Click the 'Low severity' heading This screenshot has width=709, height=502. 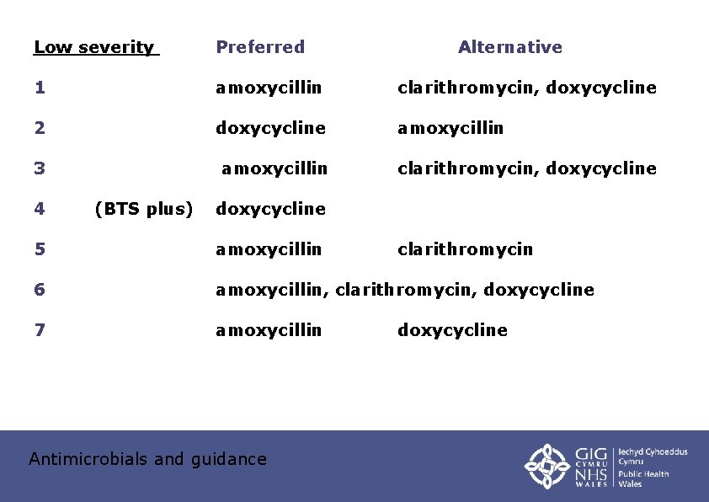tap(94, 47)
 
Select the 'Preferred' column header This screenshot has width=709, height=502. tap(260, 47)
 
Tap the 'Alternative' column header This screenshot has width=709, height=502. tap(509, 47)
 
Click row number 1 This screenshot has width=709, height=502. tap(39, 88)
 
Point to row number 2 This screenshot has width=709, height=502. tap(39, 128)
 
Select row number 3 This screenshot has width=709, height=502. tap(39, 168)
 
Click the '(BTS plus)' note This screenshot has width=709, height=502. tap(144, 209)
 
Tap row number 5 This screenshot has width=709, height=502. tap(39, 249)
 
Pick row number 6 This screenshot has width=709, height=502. tap(39, 290)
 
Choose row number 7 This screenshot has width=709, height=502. tap(39, 330)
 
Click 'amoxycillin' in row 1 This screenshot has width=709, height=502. tap(269, 88)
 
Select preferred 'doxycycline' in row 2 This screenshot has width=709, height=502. tap(270, 128)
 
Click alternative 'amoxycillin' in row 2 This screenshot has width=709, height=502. tap(450, 128)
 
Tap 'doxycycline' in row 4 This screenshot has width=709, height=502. tap(270, 209)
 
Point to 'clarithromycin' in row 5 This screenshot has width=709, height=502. tap(465, 249)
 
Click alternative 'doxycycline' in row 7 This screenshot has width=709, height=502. tap(452, 330)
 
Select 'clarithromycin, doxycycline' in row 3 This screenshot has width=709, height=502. tap(526, 168)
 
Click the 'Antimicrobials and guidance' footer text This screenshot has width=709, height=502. tap(147, 459)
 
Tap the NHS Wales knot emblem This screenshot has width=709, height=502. tap(547, 466)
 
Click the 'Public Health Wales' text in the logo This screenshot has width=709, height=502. tap(644, 478)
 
